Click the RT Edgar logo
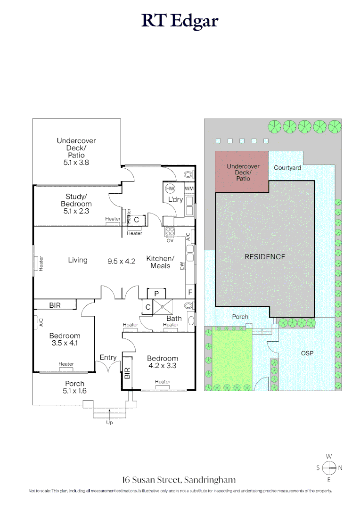tap(180, 21)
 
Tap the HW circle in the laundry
tap(170, 189)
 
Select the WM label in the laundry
tap(189, 189)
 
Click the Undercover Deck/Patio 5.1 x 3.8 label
tap(76, 151)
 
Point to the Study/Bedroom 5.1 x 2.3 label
tap(76, 204)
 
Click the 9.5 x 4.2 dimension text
tap(122, 260)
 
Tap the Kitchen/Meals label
tap(160, 262)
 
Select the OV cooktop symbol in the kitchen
tap(169, 232)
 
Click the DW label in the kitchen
tap(182, 267)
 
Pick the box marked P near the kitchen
tap(156, 293)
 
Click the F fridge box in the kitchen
tap(190, 292)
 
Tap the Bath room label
tap(174, 319)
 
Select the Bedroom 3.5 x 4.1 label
tap(65, 339)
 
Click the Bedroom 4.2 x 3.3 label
tap(162, 361)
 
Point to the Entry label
tap(108, 357)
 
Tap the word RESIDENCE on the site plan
tap(265, 257)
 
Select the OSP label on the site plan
tap(307, 353)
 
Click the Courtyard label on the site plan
tap(287, 167)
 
